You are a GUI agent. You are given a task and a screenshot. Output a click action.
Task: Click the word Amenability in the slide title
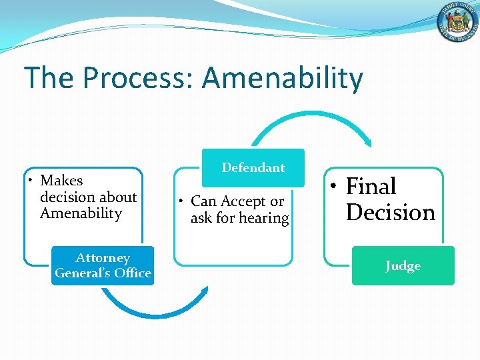click(283, 79)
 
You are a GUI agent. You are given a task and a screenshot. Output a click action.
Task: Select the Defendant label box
click(253, 168)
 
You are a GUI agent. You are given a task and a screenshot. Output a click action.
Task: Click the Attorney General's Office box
click(103, 265)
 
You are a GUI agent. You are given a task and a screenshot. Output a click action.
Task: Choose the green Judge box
click(403, 266)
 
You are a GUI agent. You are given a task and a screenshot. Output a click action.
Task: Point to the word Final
click(371, 186)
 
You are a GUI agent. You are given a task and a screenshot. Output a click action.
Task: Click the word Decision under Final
click(391, 212)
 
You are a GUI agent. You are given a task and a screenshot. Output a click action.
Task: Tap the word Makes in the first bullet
click(61, 181)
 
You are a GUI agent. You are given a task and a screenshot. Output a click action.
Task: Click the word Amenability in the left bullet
click(81, 213)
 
